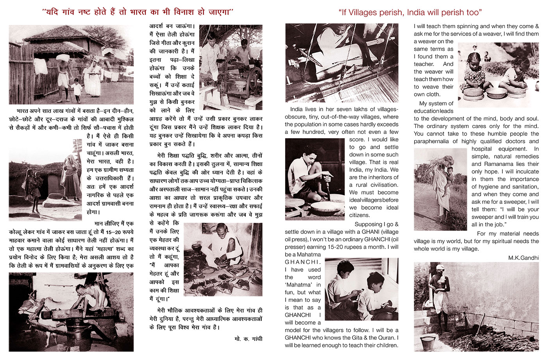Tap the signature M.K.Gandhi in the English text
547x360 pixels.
click(x=523, y=258)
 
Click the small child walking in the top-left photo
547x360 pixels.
click(x=77, y=89)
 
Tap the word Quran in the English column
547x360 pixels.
click(x=388, y=338)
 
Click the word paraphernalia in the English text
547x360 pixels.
click(x=436, y=141)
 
